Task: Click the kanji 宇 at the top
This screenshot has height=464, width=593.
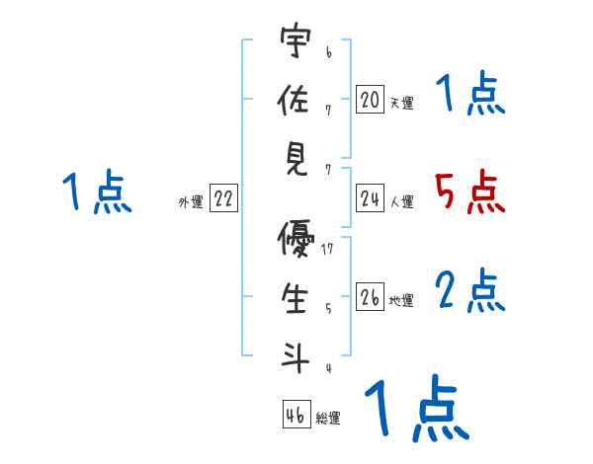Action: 296,43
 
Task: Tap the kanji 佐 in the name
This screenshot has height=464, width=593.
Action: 296,99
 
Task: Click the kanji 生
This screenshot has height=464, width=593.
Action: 296,297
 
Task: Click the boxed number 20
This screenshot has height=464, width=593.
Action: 370,100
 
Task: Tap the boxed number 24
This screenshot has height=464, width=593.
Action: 370,199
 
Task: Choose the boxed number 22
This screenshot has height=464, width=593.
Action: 223,199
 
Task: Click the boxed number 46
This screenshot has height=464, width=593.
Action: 296,416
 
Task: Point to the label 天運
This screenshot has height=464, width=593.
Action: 401,103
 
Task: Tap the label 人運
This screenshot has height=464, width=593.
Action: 401,202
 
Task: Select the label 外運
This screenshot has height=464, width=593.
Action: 191,202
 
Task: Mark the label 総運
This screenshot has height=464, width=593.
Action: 328,419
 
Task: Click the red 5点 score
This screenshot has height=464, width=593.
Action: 470,193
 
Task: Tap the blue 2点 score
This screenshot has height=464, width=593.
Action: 470,290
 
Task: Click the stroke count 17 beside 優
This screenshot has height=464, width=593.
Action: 327,249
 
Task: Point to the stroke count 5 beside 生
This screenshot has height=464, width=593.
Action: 328,307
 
